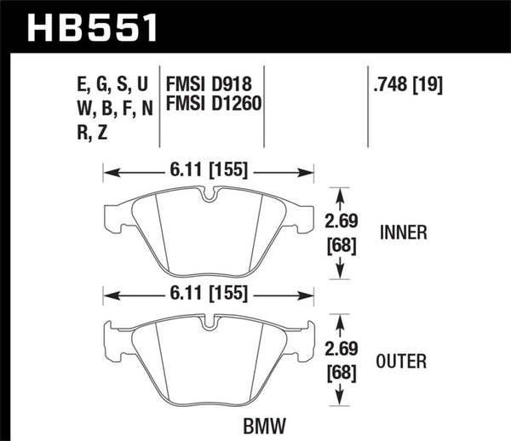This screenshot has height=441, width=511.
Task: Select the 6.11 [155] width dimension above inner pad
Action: pyautogui.click(x=209, y=169)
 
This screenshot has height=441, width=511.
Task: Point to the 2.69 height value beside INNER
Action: pyautogui.click(x=341, y=223)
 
